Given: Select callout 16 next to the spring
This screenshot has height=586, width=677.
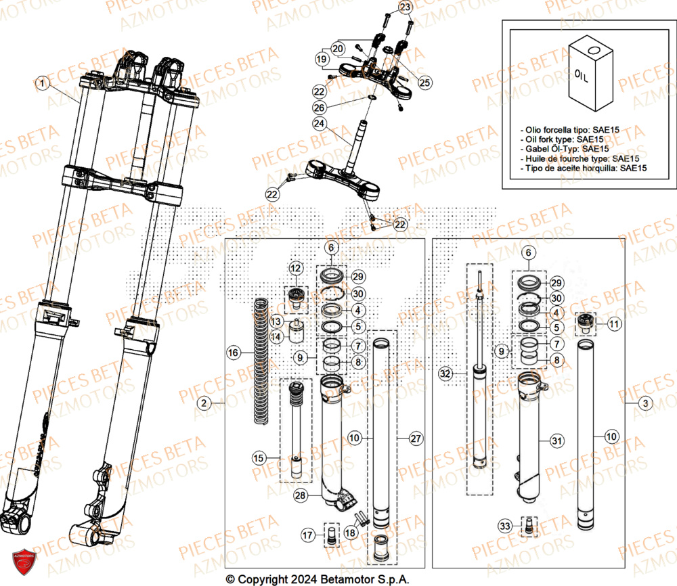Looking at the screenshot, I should click(233, 353).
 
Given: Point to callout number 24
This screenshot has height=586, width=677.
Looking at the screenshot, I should click(319, 124).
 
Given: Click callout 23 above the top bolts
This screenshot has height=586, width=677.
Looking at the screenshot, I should click(404, 7).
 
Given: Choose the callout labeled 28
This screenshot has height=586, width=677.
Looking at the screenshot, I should click(300, 496).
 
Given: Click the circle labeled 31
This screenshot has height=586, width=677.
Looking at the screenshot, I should click(556, 441).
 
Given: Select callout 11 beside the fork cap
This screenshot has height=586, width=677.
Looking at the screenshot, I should click(613, 325).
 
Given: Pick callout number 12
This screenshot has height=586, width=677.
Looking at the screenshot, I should click(294, 269).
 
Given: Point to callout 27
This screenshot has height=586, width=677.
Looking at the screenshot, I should click(415, 438).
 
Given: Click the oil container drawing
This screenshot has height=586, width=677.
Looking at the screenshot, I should click(586, 75).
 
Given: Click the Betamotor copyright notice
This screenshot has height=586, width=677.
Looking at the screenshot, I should click(318, 579).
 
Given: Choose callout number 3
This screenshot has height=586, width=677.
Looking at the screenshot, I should click(646, 404).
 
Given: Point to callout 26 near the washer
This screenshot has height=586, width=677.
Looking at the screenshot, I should click(319, 108).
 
